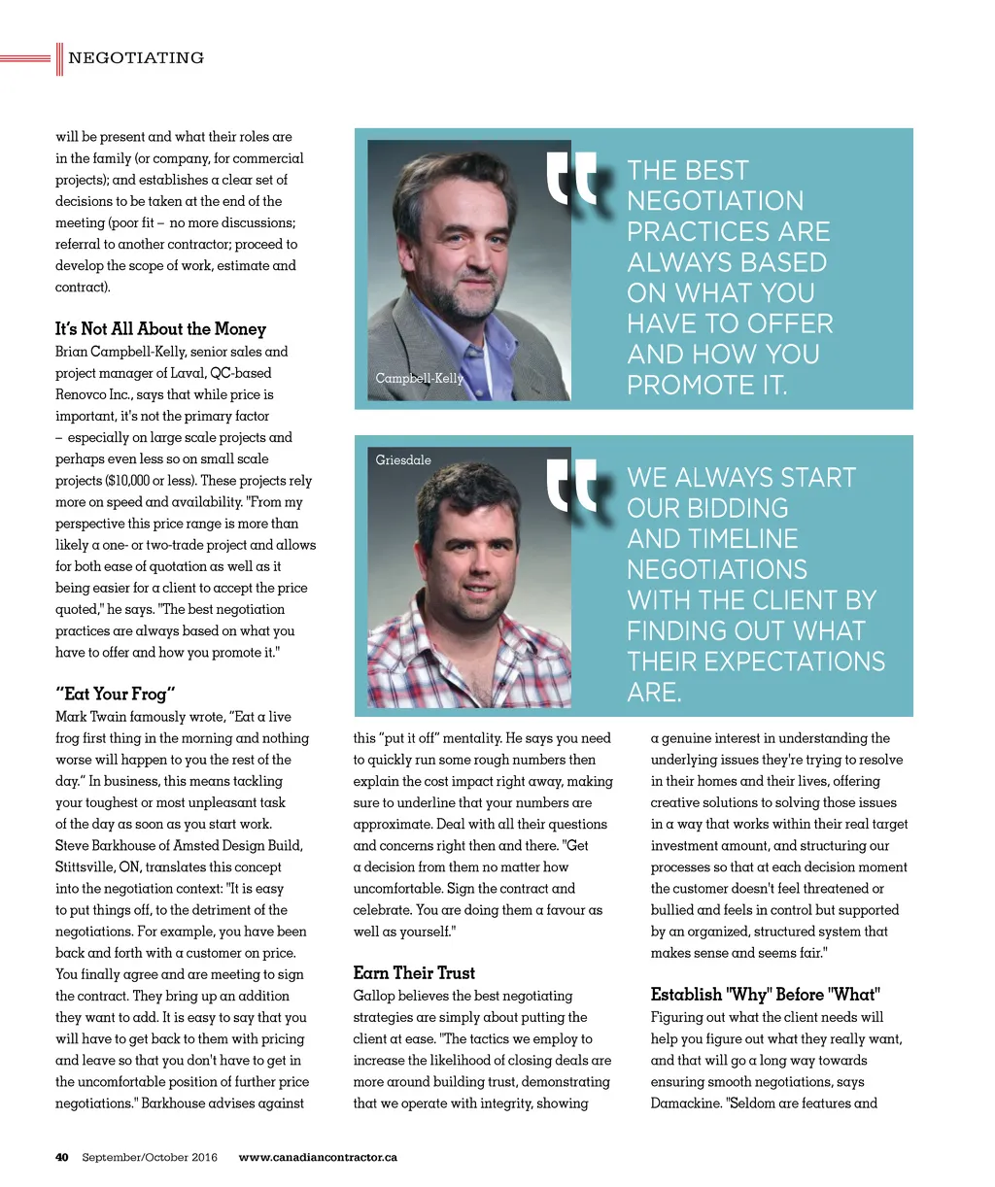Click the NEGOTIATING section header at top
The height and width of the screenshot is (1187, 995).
coord(136,58)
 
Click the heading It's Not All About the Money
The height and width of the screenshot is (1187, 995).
coord(160,328)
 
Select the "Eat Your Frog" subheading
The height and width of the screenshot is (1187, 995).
coord(116,694)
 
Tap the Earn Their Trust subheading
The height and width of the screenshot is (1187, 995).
coord(414,972)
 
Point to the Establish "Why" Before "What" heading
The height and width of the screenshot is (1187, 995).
coord(765,994)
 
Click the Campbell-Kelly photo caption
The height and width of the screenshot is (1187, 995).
coord(419,378)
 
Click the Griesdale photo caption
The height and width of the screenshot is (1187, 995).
coord(403,459)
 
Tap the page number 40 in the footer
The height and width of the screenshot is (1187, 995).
coord(62,1157)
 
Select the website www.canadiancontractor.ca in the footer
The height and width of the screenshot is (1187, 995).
coord(318,1157)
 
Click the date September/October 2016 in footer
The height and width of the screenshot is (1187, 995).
coord(150,1157)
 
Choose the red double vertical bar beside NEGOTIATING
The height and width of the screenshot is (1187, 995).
coord(59,58)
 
